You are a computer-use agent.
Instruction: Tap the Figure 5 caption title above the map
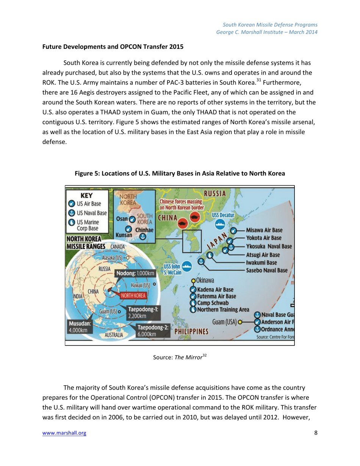[x=180, y=173]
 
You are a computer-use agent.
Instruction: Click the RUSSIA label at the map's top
[x=216, y=194]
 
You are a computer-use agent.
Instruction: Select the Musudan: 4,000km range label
[x=78, y=327]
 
